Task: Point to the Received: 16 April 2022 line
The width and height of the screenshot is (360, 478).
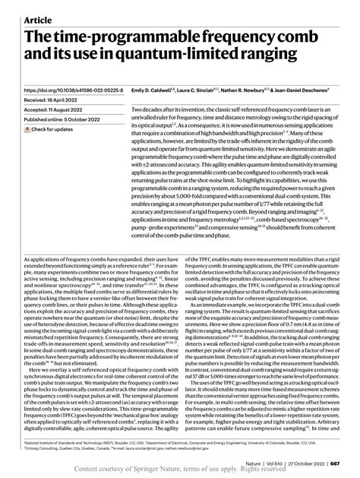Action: [57, 100]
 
